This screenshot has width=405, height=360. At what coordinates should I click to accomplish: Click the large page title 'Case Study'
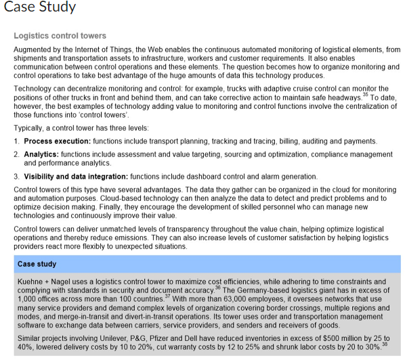point(40,8)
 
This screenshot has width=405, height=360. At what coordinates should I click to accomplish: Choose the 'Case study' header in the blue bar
point(37,263)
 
